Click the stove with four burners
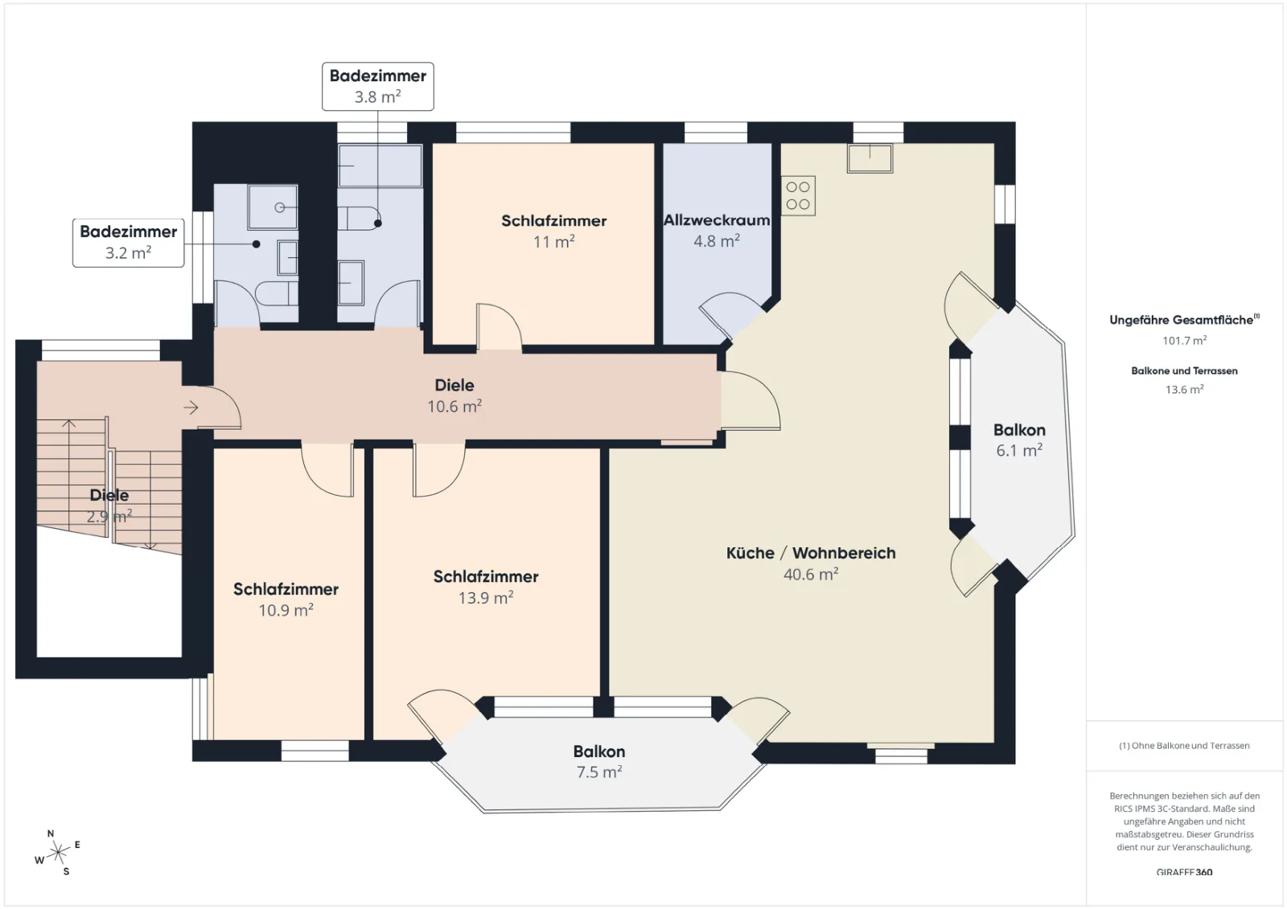(x=798, y=195)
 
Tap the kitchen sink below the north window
(x=870, y=158)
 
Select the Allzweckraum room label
(x=717, y=220)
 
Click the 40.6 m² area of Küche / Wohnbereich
(x=811, y=574)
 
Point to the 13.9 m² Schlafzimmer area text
(x=486, y=597)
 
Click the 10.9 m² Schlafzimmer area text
(x=286, y=609)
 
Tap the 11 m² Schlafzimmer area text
(x=554, y=241)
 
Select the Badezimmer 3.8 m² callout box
(x=377, y=86)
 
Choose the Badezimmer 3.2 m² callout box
(x=128, y=243)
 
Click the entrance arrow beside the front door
(x=191, y=407)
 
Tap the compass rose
(x=57, y=852)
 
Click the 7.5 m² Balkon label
(x=599, y=761)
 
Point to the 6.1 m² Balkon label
(x=1019, y=440)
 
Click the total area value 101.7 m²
(x=1184, y=340)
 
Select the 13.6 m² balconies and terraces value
(x=1184, y=389)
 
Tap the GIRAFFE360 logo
(x=1184, y=872)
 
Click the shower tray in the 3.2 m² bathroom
(x=273, y=207)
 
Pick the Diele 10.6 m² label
(x=454, y=395)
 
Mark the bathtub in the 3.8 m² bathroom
(x=380, y=166)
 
